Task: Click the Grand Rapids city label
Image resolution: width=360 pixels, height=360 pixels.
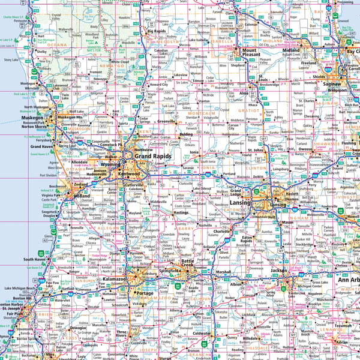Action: click(x=152, y=156)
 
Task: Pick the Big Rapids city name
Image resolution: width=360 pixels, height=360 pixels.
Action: click(x=157, y=30)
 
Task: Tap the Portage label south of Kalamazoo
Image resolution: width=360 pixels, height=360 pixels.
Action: click(x=145, y=293)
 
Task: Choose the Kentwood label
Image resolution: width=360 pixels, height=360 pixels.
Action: click(x=128, y=173)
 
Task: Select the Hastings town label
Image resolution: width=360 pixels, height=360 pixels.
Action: click(x=181, y=212)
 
